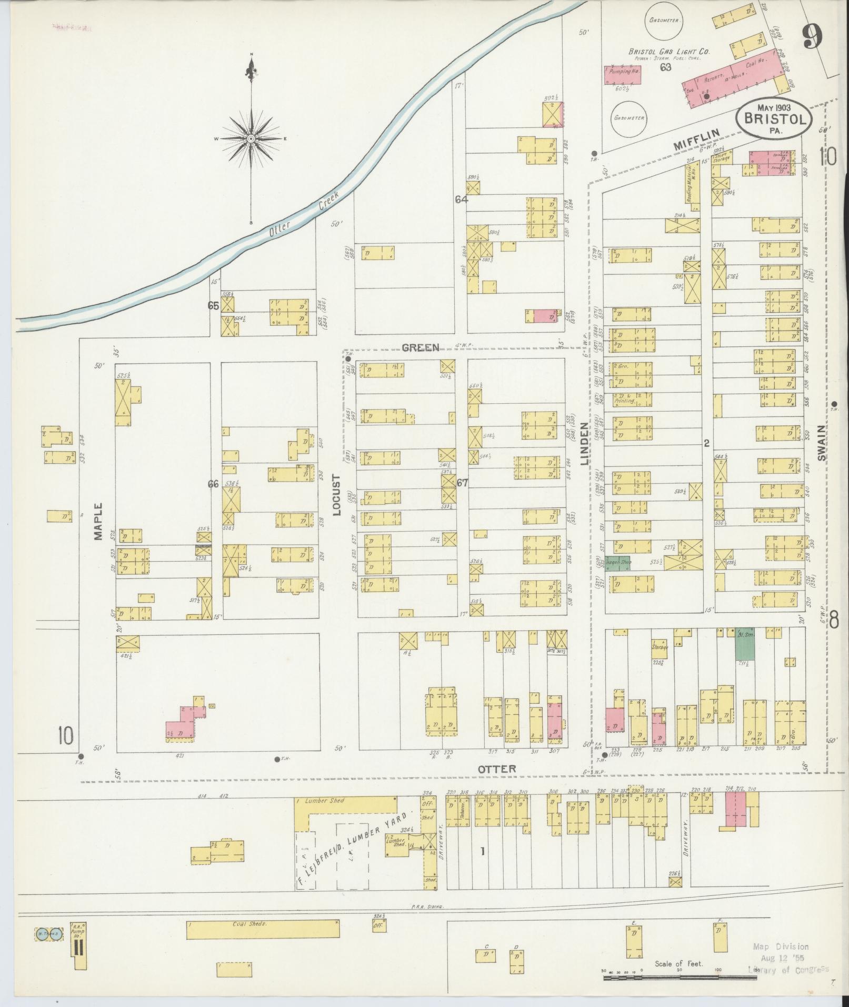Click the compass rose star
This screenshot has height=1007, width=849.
tap(251, 138)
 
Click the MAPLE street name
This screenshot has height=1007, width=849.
tap(98, 522)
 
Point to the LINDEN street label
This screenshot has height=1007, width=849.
tap(584, 443)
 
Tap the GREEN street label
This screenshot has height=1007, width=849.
tap(420, 347)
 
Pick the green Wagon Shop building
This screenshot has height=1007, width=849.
tap(618, 563)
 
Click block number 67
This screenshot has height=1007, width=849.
tap(462, 482)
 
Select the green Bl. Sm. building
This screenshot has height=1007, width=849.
tap(744, 643)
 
